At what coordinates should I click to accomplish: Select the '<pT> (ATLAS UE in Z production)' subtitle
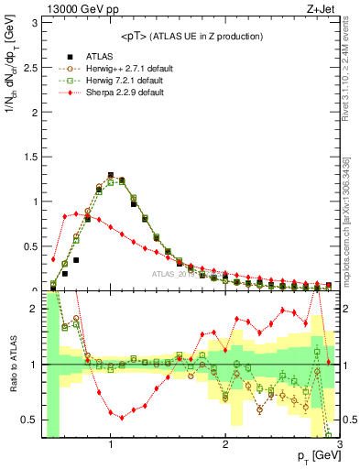coord(191,36)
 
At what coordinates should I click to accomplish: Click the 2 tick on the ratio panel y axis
coord(35,310)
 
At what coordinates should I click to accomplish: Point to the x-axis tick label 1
coord(111,444)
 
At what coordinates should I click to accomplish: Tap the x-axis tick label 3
coord(339,444)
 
